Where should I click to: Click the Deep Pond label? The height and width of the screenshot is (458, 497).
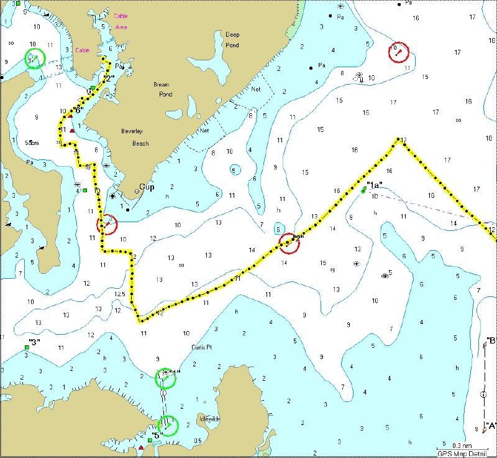(232, 40)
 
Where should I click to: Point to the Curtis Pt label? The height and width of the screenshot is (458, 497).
(201, 347)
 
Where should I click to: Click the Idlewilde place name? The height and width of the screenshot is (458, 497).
(209, 419)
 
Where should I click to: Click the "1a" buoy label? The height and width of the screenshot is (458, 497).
(375, 185)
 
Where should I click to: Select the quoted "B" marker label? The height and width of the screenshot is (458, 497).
(490, 340)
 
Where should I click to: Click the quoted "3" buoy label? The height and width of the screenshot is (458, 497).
(34, 342)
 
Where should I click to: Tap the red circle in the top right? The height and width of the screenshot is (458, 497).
(398, 52)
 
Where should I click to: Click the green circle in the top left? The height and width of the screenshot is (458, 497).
(35, 59)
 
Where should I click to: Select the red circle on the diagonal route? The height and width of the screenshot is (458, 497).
(289, 243)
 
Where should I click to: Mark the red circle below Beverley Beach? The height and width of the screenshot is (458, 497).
(107, 225)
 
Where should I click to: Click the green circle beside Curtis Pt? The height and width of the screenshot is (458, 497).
(165, 378)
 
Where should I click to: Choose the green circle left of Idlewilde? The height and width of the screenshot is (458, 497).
(168, 425)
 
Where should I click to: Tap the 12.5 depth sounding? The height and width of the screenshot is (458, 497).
(119, 294)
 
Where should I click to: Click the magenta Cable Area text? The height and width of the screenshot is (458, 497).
(121, 21)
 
